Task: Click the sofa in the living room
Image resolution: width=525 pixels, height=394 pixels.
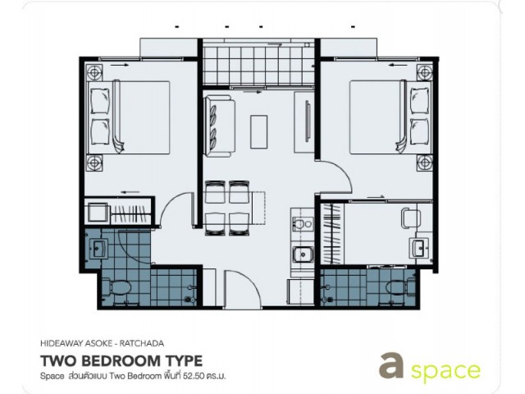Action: pos(220,126)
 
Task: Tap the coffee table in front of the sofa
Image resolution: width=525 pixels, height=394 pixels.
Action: pos(259,131)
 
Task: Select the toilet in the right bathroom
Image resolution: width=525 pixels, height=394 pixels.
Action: pos(396,287)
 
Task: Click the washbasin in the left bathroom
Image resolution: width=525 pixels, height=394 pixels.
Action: pos(98,250)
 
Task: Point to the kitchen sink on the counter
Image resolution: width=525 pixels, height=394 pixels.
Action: pos(303,254)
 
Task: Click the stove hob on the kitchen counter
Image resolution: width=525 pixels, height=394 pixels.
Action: pos(303,224)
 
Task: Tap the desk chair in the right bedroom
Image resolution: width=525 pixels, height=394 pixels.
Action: pos(411,218)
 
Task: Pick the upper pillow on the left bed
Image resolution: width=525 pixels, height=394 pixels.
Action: pos(100,101)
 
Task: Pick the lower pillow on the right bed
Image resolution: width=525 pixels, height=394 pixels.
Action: pos(419,131)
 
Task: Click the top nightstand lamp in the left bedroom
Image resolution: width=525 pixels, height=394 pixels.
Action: pos(94,72)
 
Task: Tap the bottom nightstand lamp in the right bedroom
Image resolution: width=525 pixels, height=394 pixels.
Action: pos(425,163)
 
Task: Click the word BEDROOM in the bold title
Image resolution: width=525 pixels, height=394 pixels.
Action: pos(124,361)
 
